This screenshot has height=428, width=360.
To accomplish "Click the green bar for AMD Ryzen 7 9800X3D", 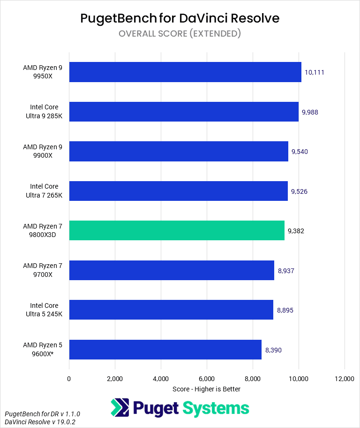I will (x=177, y=230).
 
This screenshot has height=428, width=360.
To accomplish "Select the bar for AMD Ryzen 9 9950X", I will (x=185, y=72).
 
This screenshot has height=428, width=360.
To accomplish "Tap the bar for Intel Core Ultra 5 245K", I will (x=171, y=310).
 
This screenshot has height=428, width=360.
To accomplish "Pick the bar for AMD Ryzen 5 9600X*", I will (x=165, y=350).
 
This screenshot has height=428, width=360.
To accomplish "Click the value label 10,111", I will (x=315, y=72).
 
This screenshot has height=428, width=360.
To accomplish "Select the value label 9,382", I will (x=296, y=231).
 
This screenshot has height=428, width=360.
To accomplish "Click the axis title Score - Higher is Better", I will (x=207, y=389).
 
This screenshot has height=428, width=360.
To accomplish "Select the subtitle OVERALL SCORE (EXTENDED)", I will (x=180, y=33).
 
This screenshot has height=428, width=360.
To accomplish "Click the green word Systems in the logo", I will (x=216, y=407).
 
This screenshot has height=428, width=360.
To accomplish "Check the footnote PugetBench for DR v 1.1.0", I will (x=43, y=414).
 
